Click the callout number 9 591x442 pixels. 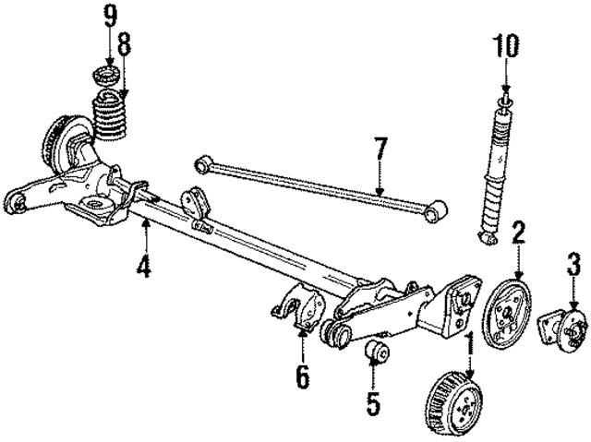111,16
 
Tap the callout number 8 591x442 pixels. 123,42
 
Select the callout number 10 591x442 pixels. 507,43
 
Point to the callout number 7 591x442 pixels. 379,149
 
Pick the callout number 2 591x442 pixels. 519,232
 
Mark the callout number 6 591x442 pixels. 303,376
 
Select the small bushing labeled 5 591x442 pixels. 376,352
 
